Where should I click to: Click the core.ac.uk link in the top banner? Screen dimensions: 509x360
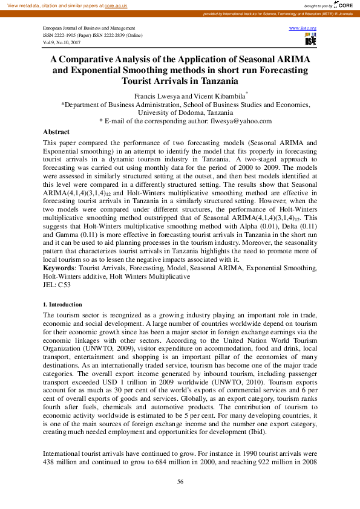click(115, 5)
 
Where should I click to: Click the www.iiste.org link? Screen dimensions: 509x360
click(303, 28)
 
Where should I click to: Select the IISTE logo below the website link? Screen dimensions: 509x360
click(310, 39)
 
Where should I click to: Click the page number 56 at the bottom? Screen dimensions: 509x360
click(180, 481)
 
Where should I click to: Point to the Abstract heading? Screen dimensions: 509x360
click(56, 132)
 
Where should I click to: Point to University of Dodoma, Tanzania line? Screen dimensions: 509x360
click(180, 112)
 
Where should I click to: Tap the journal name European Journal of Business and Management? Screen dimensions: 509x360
click(89, 28)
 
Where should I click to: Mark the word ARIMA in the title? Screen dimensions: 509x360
click(293, 60)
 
